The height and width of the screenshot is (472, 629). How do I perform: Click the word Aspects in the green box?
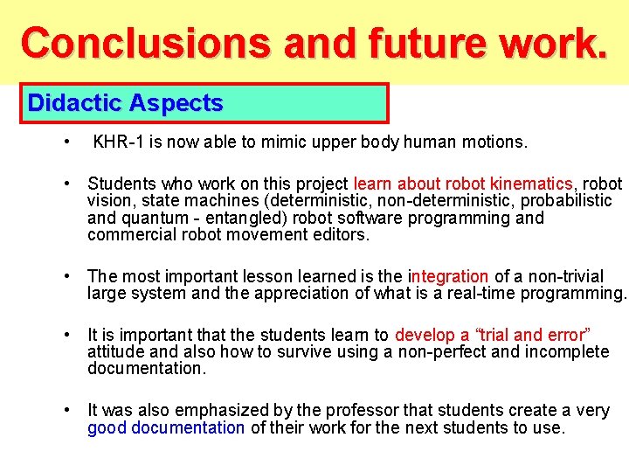(x=176, y=103)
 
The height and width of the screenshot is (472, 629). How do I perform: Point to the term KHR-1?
(x=118, y=142)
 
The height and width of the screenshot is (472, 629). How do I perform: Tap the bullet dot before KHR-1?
(x=67, y=142)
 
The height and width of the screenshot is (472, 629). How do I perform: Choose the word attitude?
(x=114, y=351)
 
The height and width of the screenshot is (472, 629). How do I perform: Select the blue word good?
(x=107, y=427)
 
